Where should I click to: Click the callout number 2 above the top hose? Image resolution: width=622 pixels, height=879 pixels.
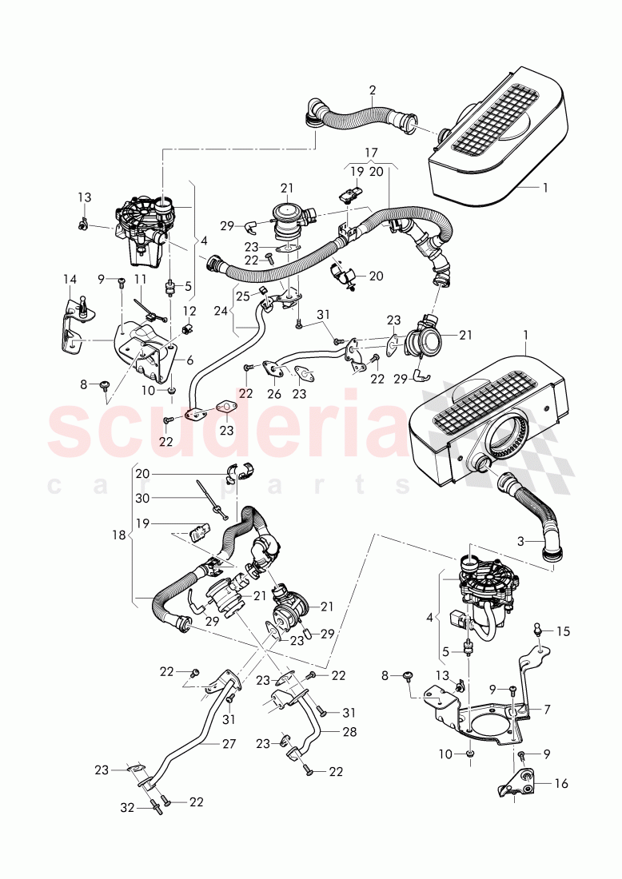[x=373, y=90]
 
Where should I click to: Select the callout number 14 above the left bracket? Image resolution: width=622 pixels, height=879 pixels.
[x=70, y=279]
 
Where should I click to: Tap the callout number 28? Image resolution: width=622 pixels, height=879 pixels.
[x=349, y=731]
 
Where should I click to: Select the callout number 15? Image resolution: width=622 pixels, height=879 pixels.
[x=564, y=631]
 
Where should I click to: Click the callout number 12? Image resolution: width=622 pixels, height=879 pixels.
[x=189, y=310]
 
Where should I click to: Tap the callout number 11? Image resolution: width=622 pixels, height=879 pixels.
[x=141, y=280]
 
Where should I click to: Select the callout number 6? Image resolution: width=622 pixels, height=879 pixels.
[x=189, y=360]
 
